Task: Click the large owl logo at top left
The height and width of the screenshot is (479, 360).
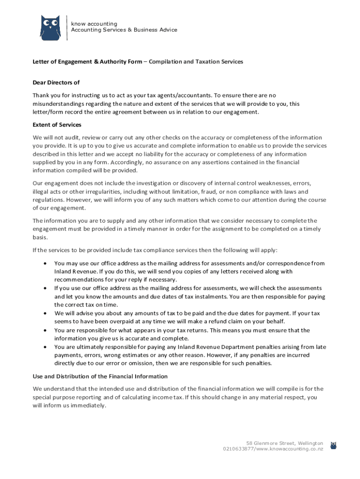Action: coord(50,28)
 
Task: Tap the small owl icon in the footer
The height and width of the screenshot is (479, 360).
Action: coord(333,445)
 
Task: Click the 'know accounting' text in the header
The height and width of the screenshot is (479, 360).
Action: coord(94,24)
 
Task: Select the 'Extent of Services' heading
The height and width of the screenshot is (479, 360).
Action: coord(57,125)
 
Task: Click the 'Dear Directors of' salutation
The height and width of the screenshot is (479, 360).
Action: coord(56,82)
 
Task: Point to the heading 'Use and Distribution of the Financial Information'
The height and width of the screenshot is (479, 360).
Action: coord(100,376)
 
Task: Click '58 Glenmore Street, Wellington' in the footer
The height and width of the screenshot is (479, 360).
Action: coord(284,443)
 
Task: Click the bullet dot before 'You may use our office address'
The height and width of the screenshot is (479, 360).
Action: coord(44,263)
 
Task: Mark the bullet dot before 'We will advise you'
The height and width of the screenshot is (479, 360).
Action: coord(44,313)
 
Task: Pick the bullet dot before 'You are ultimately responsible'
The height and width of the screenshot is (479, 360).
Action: coord(44,347)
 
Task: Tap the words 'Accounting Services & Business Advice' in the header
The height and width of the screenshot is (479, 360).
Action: coord(124,30)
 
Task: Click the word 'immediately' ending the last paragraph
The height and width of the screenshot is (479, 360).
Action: coord(88,406)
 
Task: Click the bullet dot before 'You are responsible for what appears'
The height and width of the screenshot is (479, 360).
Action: coord(44,330)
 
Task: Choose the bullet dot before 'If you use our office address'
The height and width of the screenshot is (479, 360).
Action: coord(44,288)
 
